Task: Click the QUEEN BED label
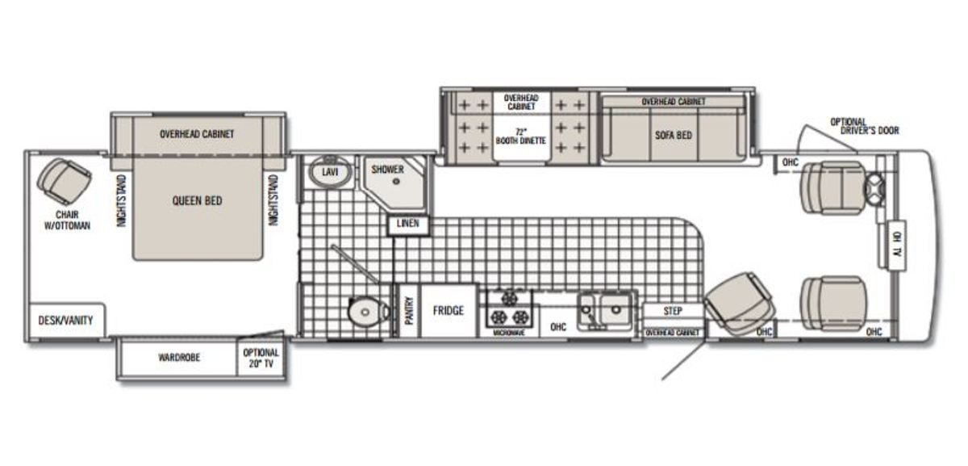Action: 197,201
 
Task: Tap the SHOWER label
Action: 388,169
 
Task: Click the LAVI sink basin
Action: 330,171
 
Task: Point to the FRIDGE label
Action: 449,310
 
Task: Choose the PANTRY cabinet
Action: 408,311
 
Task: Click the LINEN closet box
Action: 408,225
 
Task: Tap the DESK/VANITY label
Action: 65,320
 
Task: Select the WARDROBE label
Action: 179,358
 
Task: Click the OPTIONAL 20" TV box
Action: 261,358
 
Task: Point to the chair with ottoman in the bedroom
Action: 65,181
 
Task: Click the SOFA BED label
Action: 674,135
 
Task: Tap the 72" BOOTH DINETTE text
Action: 521,136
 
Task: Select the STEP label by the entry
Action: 673,311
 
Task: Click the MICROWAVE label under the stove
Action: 509,333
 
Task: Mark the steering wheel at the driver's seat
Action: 874,189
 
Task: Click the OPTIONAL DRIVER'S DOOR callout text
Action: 864,126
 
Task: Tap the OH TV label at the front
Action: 897,245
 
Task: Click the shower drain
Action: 396,182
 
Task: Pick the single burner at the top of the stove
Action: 510,298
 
